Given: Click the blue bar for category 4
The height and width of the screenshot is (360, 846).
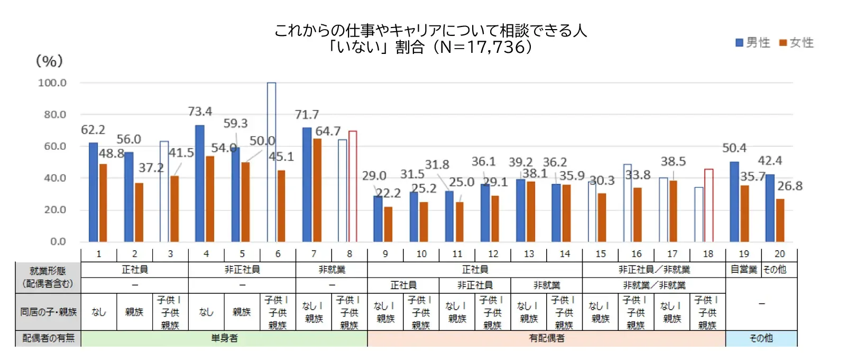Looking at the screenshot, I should [199, 183].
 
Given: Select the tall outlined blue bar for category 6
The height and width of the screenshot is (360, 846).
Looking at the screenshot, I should [271, 162].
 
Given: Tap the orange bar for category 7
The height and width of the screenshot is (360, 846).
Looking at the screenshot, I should [317, 190].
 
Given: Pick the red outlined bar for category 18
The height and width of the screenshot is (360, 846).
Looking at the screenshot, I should [709, 205].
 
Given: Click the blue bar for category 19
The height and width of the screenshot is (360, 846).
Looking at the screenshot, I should [734, 201].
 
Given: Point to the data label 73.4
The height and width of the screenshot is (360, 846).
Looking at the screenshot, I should [200, 112].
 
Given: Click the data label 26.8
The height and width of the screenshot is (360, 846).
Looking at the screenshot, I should [789, 186].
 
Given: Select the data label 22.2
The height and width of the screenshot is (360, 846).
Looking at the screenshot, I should [389, 193].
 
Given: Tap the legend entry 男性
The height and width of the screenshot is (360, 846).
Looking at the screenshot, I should [753, 43].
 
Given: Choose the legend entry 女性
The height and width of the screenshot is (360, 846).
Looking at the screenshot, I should [797, 43].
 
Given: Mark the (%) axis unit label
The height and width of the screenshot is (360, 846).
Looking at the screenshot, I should [49, 61].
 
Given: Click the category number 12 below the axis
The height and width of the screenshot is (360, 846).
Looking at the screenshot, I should [493, 254].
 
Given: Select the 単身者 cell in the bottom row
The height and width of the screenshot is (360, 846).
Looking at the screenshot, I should [224, 338].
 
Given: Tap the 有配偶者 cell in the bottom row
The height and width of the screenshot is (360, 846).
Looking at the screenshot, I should [546, 338].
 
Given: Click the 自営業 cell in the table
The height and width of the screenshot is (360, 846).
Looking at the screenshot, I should [743, 270].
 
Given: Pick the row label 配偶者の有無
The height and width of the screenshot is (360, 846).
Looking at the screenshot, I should [48, 338].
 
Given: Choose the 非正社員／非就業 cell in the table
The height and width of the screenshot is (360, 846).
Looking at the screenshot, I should [654, 270].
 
